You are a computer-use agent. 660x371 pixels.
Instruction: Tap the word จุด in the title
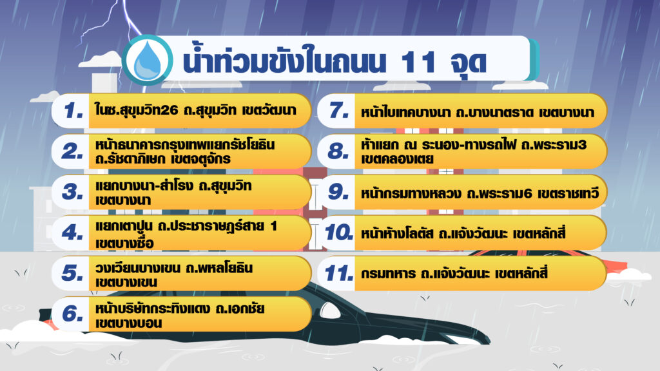pos(469,63)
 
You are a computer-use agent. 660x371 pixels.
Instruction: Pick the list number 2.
pos(72,151)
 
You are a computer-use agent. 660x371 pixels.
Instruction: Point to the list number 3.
pos(72,191)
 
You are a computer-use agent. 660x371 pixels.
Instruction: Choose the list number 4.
pos(72,232)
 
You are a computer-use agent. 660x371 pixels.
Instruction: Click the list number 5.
pos(72,272)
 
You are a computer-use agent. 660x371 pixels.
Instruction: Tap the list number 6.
pos(72,314)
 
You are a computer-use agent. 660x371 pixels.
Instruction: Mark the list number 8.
pos(338,151)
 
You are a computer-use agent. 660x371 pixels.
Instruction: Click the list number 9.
pos(338,191)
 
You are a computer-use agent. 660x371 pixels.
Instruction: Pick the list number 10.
pos(338,232)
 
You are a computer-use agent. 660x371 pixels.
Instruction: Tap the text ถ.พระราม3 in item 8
pos(554,145)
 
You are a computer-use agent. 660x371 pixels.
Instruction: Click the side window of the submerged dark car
pos(331,310)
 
